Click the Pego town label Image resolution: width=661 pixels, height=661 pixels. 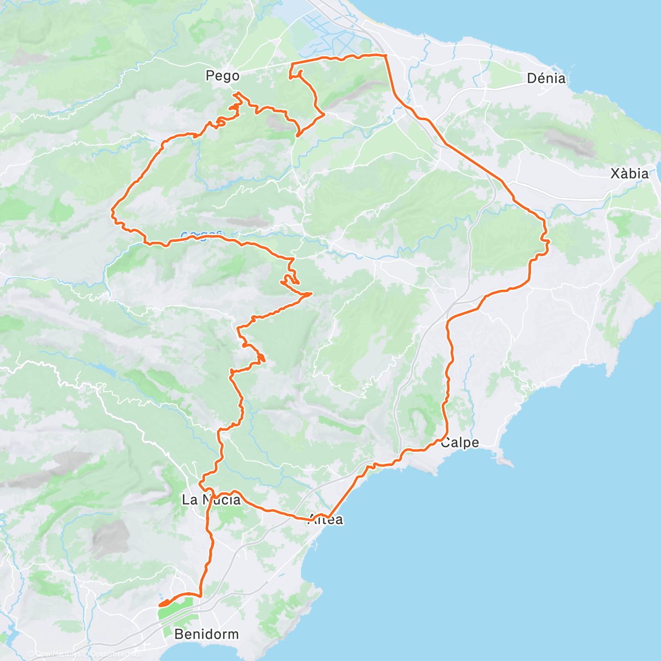tap(223, 75)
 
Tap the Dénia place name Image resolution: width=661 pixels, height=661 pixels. tap(546, 78)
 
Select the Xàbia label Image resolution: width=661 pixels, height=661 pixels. tap(630, 174)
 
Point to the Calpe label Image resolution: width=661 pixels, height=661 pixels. tap(460, 442)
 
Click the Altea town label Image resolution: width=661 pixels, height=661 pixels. tap(327, 519)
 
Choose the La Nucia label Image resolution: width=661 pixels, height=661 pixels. tap(212, 500)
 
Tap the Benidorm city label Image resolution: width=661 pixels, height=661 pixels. tap(207, 634)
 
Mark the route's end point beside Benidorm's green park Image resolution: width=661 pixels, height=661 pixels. tap(160, 605)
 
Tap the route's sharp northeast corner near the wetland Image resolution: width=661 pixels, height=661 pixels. tap(385, 56)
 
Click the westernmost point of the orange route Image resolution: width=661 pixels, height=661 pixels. tap(112, 210)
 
